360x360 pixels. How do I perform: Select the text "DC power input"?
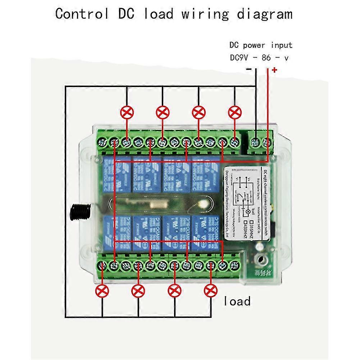pyautogui.click(x=261, y=45)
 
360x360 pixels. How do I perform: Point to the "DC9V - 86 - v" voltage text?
pyautogui.click(x=259, y=58)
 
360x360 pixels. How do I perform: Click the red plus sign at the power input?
pyautogui.click(x=275, y=70)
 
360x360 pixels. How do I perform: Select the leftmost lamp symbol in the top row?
pyautogui.click(x=126, y=113)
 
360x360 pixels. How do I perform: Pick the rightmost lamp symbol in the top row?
pyautogui.click(x=234, y=113)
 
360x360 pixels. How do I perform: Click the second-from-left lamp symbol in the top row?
pyautogui.click(x=163, y=113)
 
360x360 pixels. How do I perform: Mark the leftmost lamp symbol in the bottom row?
pyautogui.click(x=102, y=290)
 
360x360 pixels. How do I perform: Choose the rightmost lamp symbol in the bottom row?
pyautogui.click(x=210, y=290)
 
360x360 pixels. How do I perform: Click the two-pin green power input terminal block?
pyautogui.click(x=261, y=142)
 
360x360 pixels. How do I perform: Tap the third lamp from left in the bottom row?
pyautogui.click(x=174, y=290)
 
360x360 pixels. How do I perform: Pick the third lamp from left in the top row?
pyautogui.click(x=199, y=113)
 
